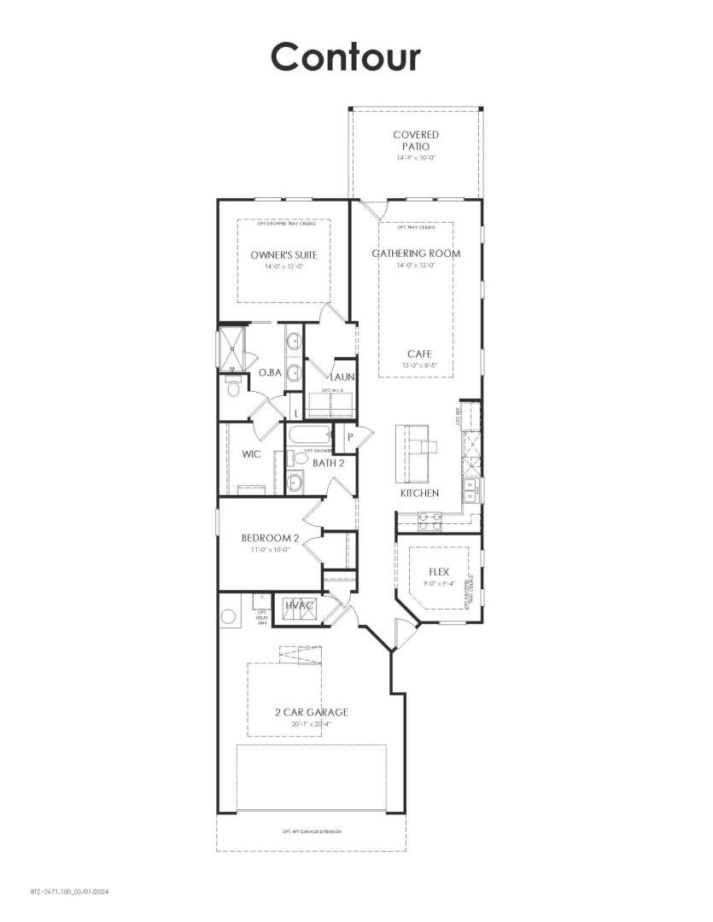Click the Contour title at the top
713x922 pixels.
click(x=346, y=56)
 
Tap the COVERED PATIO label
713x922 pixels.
click(x=416, y=140)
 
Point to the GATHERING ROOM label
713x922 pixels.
click(x=416, y=254)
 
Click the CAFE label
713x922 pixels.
click(x=418, y=353)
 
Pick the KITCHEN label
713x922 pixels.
click(x=419, y=493)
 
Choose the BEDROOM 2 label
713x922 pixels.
click(x=270, y=538)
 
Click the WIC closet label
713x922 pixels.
click(x=251, y=454)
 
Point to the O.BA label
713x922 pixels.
click(x=270, y=372)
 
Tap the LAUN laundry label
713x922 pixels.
click(x=342, y=376)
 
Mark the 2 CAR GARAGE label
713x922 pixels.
click(x=311, y=712)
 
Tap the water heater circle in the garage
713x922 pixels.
click(x=228, y=616)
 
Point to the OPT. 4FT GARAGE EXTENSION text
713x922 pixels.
click(x=312, y=832)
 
